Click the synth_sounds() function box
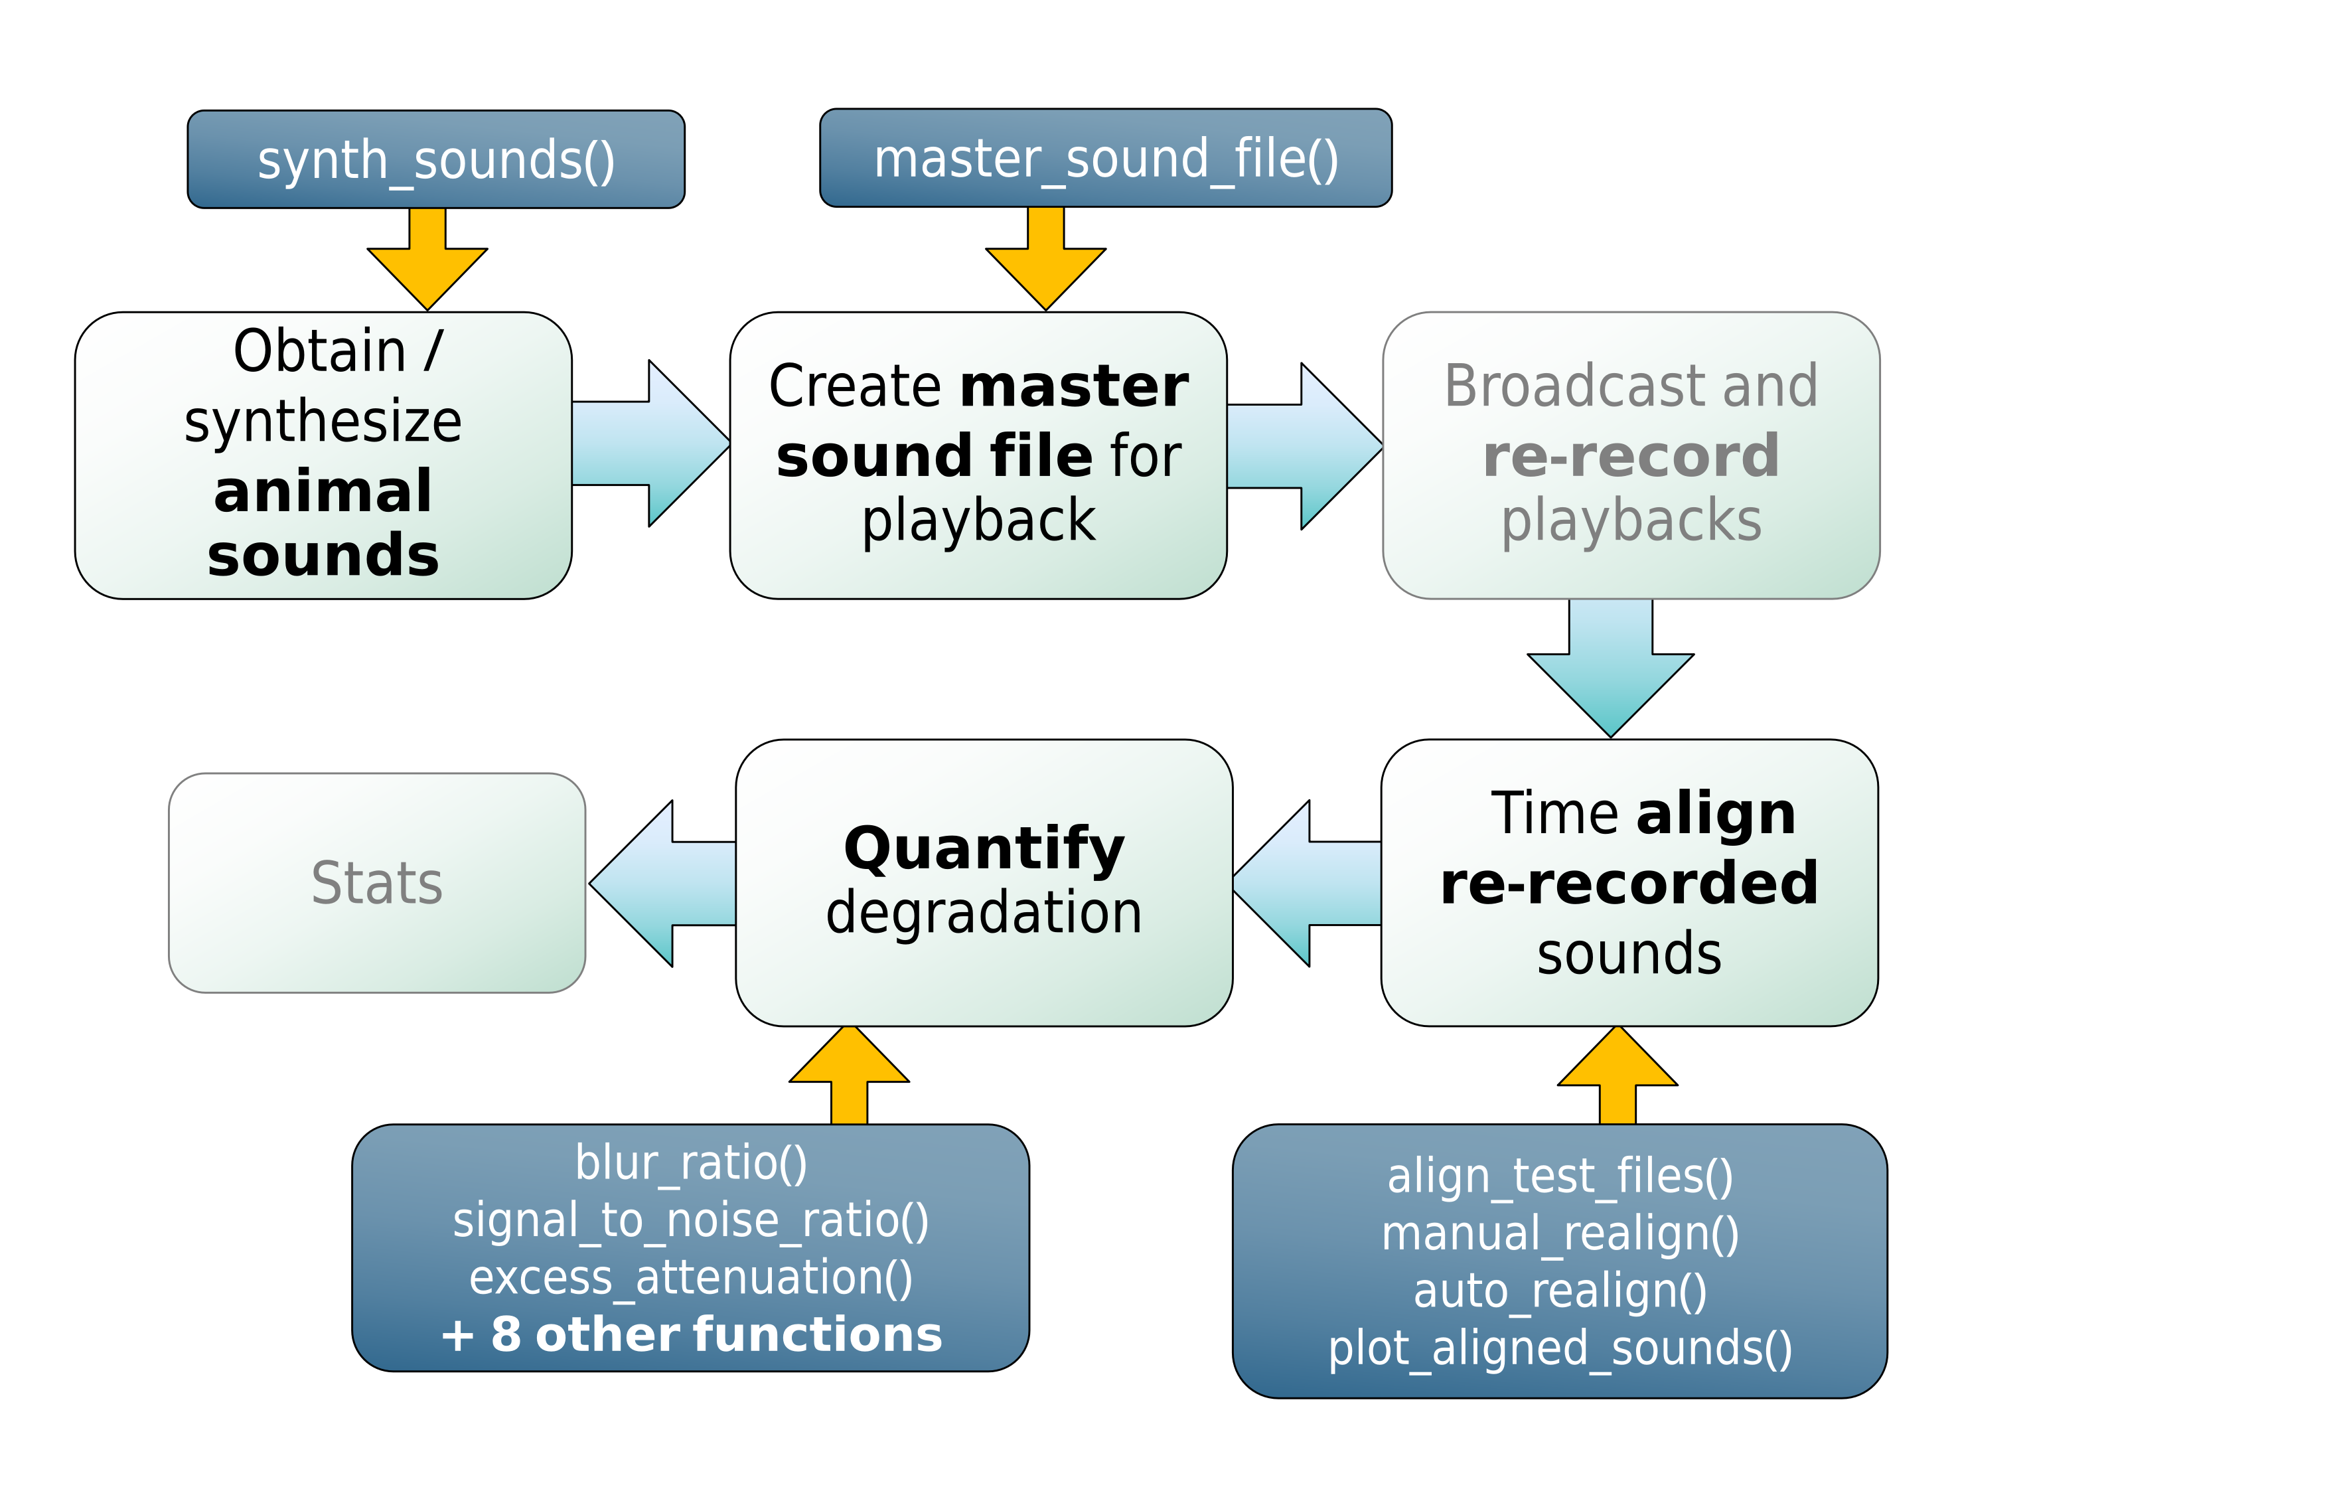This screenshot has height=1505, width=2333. pos(435,159)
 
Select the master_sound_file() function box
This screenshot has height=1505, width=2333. pos(1105,158)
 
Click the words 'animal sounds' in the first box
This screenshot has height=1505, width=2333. pos(323,523)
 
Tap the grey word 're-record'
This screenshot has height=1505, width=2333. pos(1631,456)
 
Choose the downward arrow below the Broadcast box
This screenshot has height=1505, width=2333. pos(1610,669)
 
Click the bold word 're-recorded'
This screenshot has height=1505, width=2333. pos(1629,884)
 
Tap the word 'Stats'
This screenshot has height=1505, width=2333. pos(377,884)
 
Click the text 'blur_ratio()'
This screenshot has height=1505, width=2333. pos(691,1163)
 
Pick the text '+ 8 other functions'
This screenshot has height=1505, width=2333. pos(691,1335)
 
